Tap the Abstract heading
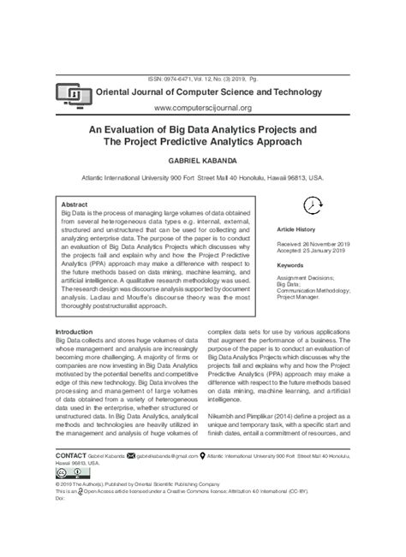pyautogui.click(x=75, y=205)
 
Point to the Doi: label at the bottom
pyautogui.click(x=60, y=497)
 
